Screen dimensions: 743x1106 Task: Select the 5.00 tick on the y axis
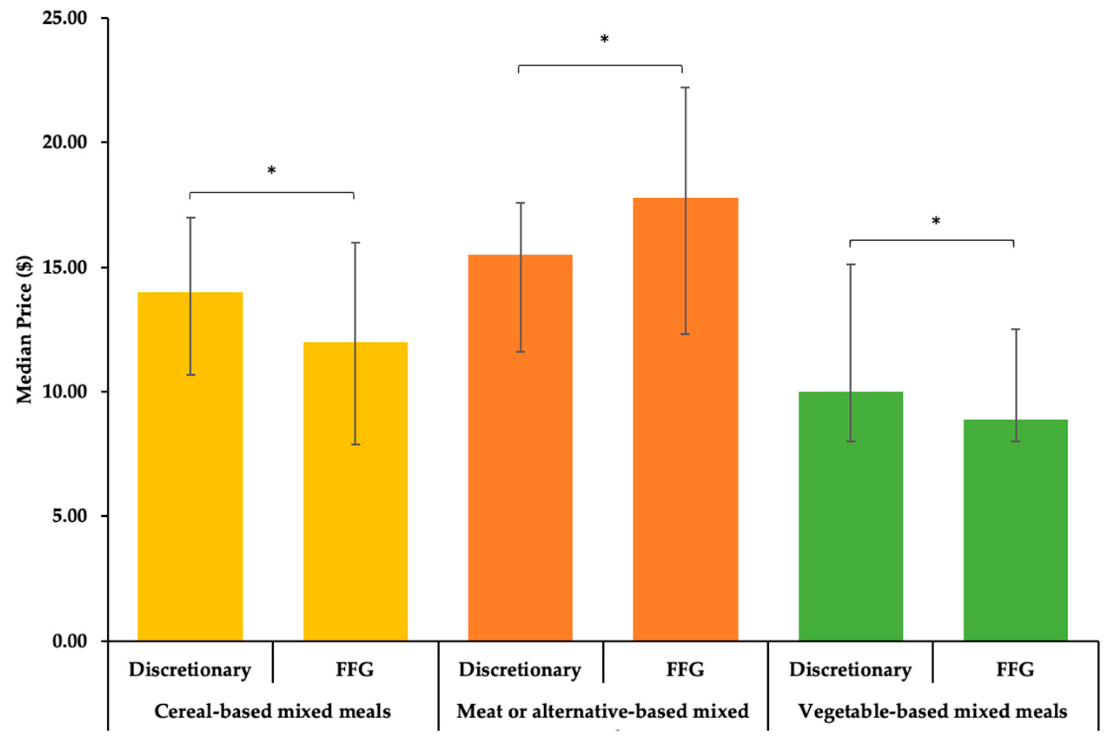[x=70, y=516]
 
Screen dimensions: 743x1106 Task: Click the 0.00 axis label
[x=70, y=641]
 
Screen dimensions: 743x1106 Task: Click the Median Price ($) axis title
[x=24, y=329]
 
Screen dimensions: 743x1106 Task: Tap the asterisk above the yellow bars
[x=272, y=170]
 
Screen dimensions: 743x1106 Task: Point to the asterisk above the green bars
[x=936, y=221]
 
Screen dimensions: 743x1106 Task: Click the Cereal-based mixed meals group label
[x=272, y=711]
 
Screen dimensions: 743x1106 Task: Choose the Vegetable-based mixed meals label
[x=932, y=711]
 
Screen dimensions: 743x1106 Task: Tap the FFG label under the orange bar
[x=685, y=670]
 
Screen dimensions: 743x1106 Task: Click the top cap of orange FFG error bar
[x=685, y=88]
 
